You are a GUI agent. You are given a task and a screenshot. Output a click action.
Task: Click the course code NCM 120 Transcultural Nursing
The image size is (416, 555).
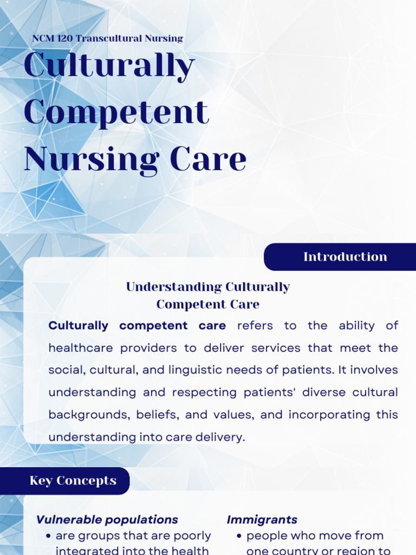pyautogui.click(x=107, y=38)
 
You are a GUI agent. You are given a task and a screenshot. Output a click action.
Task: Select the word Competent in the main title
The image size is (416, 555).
pyautogui.click(x=116, y=112)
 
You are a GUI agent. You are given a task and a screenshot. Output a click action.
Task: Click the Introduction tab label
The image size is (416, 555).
pyautogui.click(x=345, y=257)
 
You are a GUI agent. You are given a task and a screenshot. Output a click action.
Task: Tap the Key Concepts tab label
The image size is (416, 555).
pyautogui.click(x=73, y=481)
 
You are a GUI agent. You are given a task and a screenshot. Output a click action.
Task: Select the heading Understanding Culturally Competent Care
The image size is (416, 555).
pyautogui.click(x=208, y=295)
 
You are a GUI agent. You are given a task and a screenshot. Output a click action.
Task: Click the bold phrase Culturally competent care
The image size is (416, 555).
pyautogui.click(x=137, y=326)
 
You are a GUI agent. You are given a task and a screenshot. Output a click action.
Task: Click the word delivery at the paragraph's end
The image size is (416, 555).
pyautogui.click(x=223, y=437)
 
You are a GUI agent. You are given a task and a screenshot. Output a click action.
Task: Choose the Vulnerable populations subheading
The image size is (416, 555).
pyautogui.click(x=107, y=520)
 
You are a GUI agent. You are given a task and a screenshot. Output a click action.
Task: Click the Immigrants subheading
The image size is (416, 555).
pyautogui.click(x=262, y=520)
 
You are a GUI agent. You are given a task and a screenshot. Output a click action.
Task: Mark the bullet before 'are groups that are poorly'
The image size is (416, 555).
pyautogui.click(x=49, y=536)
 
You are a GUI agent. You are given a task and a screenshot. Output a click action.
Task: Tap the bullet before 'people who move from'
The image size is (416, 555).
pyautogui.click(x=239, y=536)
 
